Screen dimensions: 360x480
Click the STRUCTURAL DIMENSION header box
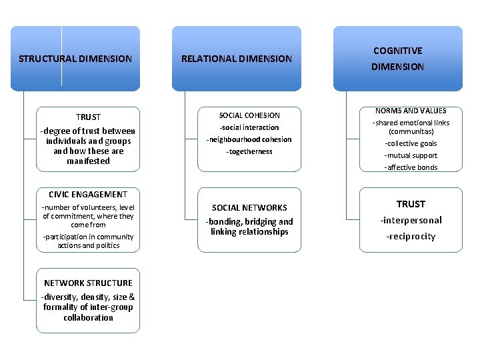75,59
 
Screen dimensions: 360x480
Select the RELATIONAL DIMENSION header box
237,59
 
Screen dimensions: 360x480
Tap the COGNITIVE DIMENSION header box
397,59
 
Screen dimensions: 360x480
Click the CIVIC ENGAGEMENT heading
88,195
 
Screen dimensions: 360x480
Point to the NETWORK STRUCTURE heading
88,283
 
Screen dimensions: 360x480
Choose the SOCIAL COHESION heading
249,115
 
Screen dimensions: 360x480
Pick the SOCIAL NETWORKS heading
249,208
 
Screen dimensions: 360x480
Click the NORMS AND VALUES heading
411,111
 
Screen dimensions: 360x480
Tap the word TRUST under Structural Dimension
88,117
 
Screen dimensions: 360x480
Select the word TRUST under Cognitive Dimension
411,204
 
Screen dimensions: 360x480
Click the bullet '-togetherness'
249,151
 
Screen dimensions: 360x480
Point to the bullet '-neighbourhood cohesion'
249,139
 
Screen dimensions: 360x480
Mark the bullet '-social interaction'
249,127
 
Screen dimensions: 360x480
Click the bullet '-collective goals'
411,143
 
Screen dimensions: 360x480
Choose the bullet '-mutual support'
411,155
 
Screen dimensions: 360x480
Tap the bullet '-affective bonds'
411,167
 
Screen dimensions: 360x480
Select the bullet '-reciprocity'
411,237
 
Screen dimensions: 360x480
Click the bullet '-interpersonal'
411,221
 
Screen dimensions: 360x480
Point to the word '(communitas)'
411,131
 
